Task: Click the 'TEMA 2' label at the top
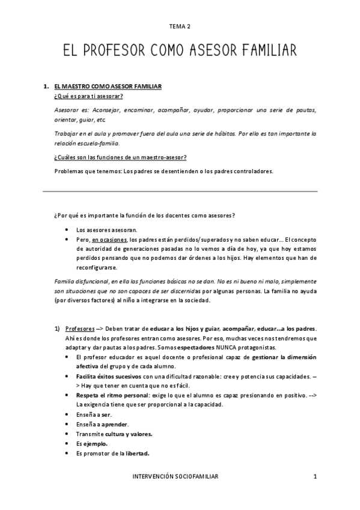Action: tap(180, 26)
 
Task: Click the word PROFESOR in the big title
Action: tap(129, 49)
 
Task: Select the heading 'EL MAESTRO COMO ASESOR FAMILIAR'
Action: tap(108, 87)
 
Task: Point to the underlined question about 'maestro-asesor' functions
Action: tap(120, 158)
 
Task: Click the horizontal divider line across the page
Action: tap(180, 191)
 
